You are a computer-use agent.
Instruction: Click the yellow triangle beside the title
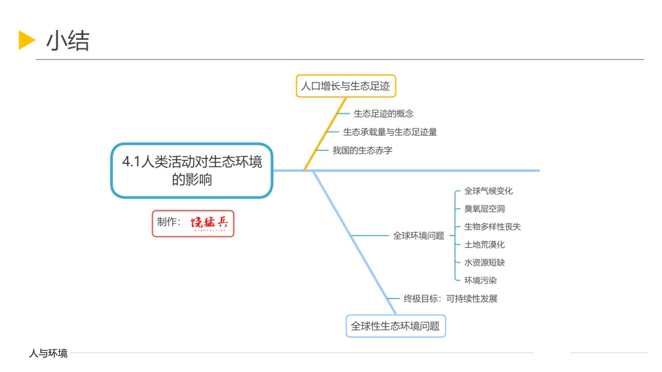[x=26, y=40]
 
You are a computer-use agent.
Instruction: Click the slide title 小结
[x=67, y=40]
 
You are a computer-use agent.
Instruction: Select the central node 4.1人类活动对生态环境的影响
[x=192, y=171]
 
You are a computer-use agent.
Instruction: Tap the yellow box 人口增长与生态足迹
[x=345, y=86]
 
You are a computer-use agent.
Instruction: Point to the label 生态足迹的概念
[x=384, y=113]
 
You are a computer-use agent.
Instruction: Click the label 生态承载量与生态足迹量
[x=390, y=132]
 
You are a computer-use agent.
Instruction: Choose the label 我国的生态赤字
[x=362, y=150]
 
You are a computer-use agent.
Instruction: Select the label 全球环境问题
[x=419, y=236]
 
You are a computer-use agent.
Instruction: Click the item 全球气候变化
[x=489, y=191]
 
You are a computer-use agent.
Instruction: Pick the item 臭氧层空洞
[x=484, y=209]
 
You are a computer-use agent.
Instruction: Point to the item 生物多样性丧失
[x=492, y=226]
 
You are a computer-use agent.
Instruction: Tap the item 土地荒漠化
[x=484, y=244]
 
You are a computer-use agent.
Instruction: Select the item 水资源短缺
[x=484, y=262]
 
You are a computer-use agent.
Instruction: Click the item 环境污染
[x=480, y=280]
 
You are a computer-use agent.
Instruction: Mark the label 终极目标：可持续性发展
[x=451, y=299]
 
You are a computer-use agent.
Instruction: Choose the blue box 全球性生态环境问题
[x=395, y=326]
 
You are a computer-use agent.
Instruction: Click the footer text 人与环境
[x=48, y=353]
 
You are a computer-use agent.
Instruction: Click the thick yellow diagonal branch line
[x=325, y=134]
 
